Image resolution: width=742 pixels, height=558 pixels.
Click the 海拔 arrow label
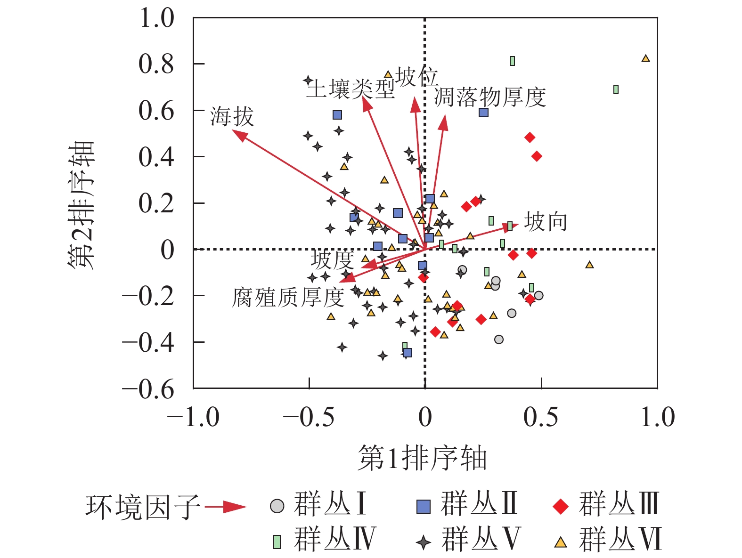click(232, 116)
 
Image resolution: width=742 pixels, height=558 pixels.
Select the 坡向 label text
click(546, 221)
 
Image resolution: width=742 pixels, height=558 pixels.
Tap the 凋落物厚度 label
click(489, 97)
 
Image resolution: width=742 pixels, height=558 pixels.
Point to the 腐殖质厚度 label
click(288, 298)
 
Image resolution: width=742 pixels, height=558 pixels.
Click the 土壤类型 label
click(351, 89)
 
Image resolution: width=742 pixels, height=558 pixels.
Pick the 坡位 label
click(417, 77)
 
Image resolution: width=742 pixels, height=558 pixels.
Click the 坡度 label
click(332, 259)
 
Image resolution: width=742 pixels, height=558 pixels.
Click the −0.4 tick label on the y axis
click(148, 342)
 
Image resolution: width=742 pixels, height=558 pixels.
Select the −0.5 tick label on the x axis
click(309, 417)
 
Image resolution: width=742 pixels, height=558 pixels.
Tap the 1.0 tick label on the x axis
click(658, 417)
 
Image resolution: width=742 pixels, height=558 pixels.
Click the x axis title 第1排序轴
click(422, 458)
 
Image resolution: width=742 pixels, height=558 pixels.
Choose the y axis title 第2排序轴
click(81, 204)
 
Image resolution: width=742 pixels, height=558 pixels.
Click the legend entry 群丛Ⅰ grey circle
click(277, 506)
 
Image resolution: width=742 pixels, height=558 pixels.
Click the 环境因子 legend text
click(143, 507)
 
